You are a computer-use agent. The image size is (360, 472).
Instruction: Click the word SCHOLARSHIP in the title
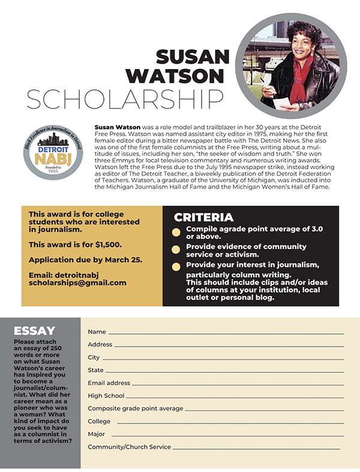click(x=125, y=99)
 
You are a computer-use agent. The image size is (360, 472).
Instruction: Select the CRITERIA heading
click(x=203, y=218)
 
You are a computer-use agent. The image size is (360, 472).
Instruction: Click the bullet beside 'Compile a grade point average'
click(x=176, y=232)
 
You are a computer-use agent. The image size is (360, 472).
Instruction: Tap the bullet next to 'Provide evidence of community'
click(x=176, y=249)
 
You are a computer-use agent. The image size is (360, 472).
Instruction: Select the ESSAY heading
click(x=34, y=330)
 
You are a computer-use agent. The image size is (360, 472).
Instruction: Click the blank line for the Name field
click(x=226, y=332)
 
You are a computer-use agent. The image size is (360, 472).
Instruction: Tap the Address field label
click(x=100, y=344)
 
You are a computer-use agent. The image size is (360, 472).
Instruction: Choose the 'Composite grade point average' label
click(x=135, y=408)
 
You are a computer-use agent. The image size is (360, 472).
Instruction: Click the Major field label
click(x=96, y=434)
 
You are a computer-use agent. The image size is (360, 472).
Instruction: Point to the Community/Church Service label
click(x=129, y=447)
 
